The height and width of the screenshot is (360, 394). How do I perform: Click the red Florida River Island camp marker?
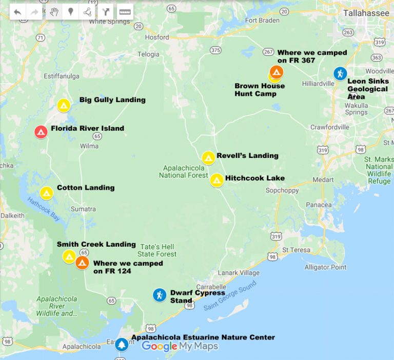41,132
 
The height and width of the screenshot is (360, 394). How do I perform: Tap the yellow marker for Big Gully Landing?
64,105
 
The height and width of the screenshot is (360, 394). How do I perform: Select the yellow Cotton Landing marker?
47,193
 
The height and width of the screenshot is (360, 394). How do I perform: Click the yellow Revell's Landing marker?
208,157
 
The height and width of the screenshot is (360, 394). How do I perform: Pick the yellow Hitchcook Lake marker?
216,180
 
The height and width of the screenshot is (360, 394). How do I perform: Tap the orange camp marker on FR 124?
82,263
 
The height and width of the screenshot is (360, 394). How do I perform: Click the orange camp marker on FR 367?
276,72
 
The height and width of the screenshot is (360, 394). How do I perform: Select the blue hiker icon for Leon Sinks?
340,73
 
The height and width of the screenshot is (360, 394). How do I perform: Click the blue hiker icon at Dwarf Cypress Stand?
160,295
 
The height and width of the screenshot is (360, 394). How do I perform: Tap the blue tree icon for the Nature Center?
122,344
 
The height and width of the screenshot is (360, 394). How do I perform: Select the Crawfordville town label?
329,127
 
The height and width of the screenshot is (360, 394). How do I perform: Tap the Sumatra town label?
83,209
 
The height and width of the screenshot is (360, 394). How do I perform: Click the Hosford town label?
157,37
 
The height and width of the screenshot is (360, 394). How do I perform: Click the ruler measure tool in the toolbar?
125,12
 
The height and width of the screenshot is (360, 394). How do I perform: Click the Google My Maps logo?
180,346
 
